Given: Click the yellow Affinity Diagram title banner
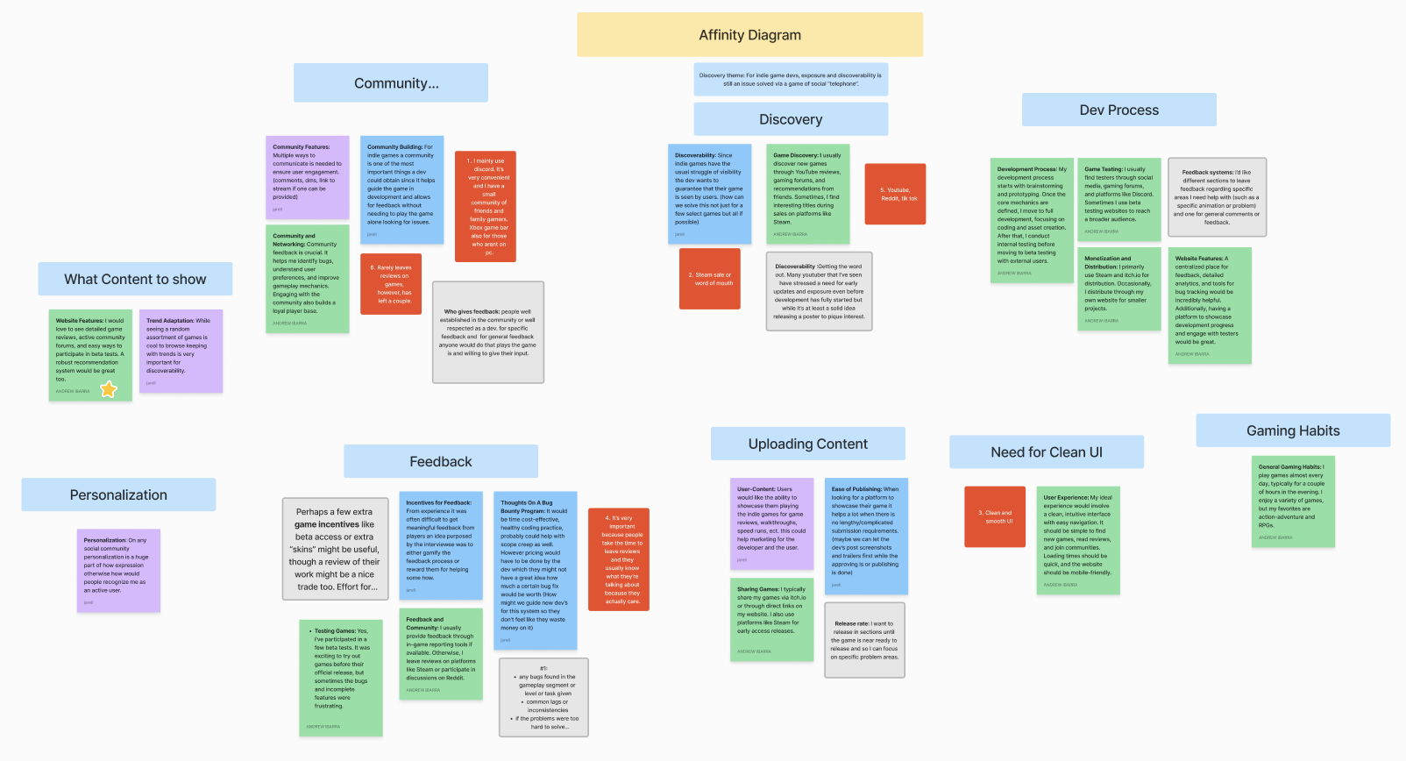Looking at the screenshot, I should pyautogui.click(x=749, y=35).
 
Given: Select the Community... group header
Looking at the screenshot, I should pyautogui.click(x=391, y=83).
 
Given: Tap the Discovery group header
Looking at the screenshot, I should pyautogui.click(x=791, y=119).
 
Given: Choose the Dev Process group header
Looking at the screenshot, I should pyautogui.click(x=1118, y=110).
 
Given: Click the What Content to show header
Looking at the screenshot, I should pyautogui.click(x=135, y=279).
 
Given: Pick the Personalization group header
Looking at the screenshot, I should pyautogui.click(x=118, y=494).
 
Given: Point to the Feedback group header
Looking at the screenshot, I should pyautogui.click(x=440, y=461).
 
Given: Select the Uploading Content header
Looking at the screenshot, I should pyautogui.click(x=807, y=444).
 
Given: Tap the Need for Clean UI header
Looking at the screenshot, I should pyautogui.click(x=1046, y=452).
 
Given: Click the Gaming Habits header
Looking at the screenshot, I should pyautogui.click(x=1292, y=430).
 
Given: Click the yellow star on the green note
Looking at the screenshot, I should pyautogui.click(x=109, y=389).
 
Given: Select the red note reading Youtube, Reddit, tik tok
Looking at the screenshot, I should pyautogui.click(x=895, y=194).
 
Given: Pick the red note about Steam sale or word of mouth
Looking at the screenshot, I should pyautogui.click(x=710, y=279).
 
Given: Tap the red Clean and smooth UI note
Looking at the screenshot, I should pyautogui.click(x=995, y=516).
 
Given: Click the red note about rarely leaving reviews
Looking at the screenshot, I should pyautogui.click(x=391, y=284).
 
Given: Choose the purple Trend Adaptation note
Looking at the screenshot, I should pyautogui.click(x=181, y=351).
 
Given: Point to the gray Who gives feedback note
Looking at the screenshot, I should pyautogui.click(x=488, y=332).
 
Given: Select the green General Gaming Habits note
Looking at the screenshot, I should pyautogui.click(x=1293, y=501).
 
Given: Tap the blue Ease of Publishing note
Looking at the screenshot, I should pyautogui.click(x=866, y=536).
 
